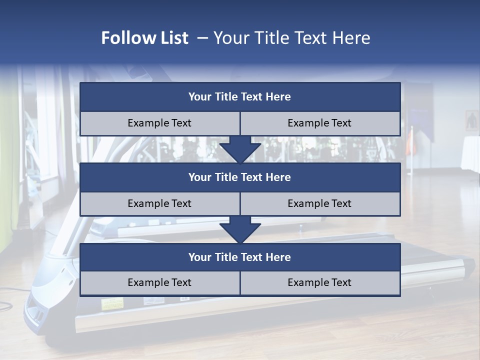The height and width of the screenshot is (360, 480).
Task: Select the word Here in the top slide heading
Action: [x=352, y=38]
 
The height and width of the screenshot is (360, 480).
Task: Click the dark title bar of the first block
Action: [x=240, y=97]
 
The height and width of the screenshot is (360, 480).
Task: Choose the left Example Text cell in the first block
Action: [x=159, y=123]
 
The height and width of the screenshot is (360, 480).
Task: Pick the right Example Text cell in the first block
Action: [x=320, y=123]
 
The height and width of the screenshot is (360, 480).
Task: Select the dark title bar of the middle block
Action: [x=240, y=177]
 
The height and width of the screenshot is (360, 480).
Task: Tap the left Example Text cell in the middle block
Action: [x=159, y=203]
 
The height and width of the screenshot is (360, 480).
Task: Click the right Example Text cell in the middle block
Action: [x=320, y=203]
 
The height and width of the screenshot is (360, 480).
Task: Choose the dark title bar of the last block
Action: [x=240, y=257]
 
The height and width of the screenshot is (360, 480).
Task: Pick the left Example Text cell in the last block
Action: [x=159, y=282]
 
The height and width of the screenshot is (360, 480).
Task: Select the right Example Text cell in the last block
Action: [x=320, y=282]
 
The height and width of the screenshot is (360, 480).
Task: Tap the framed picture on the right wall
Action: [x=471, y=120]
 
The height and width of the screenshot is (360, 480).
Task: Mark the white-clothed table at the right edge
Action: [x=470, y=152]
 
